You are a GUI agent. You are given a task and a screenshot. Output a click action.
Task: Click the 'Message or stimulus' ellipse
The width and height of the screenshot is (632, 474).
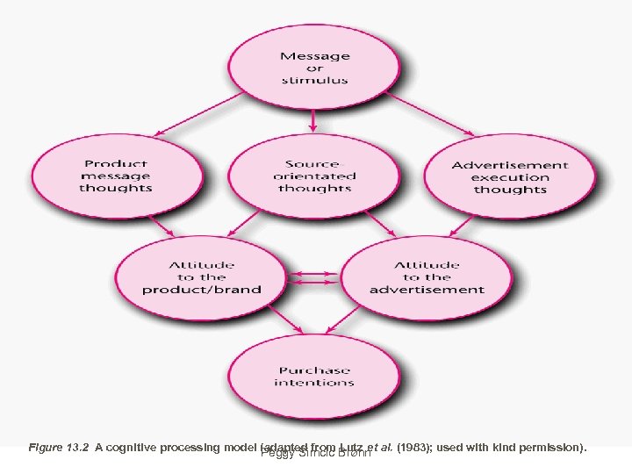pyautogui.click(x=314, y=68)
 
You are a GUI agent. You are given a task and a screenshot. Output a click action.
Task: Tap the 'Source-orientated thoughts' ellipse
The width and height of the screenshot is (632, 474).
pyautogui.click(x=314, y=176)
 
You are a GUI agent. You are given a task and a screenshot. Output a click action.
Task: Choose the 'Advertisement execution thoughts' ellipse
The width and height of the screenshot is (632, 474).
pyautogui.click(x=510, y=177)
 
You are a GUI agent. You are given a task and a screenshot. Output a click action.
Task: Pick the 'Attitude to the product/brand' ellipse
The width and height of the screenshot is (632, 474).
pyautogui.click(x=202, y=277)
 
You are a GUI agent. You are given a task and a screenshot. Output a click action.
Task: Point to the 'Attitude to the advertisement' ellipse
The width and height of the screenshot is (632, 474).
pyautogui.click(x=427, y=277)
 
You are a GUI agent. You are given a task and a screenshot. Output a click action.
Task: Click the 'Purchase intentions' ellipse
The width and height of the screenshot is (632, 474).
pyautogui.click(x=314, y=376)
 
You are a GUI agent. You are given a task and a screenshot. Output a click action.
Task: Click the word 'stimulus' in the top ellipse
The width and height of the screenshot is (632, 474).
pyautogui.click(x=314, y=81)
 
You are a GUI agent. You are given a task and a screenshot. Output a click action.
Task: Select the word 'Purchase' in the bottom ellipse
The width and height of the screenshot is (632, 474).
pyautogui.click(x=314, y=370)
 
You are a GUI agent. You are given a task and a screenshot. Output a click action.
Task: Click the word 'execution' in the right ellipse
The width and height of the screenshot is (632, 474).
pyautogui.click(x=510, y=177)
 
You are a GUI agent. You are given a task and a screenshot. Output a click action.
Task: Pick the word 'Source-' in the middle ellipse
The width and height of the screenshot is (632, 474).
pyautogui.click(x=314, y=163)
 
